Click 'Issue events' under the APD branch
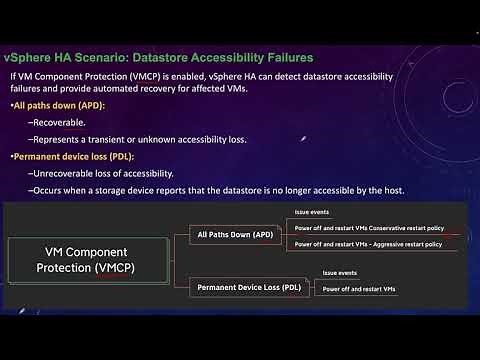(311, 213)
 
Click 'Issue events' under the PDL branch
(339, 272)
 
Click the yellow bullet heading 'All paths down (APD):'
(51, 104)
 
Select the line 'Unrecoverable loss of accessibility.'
(113, 174)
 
